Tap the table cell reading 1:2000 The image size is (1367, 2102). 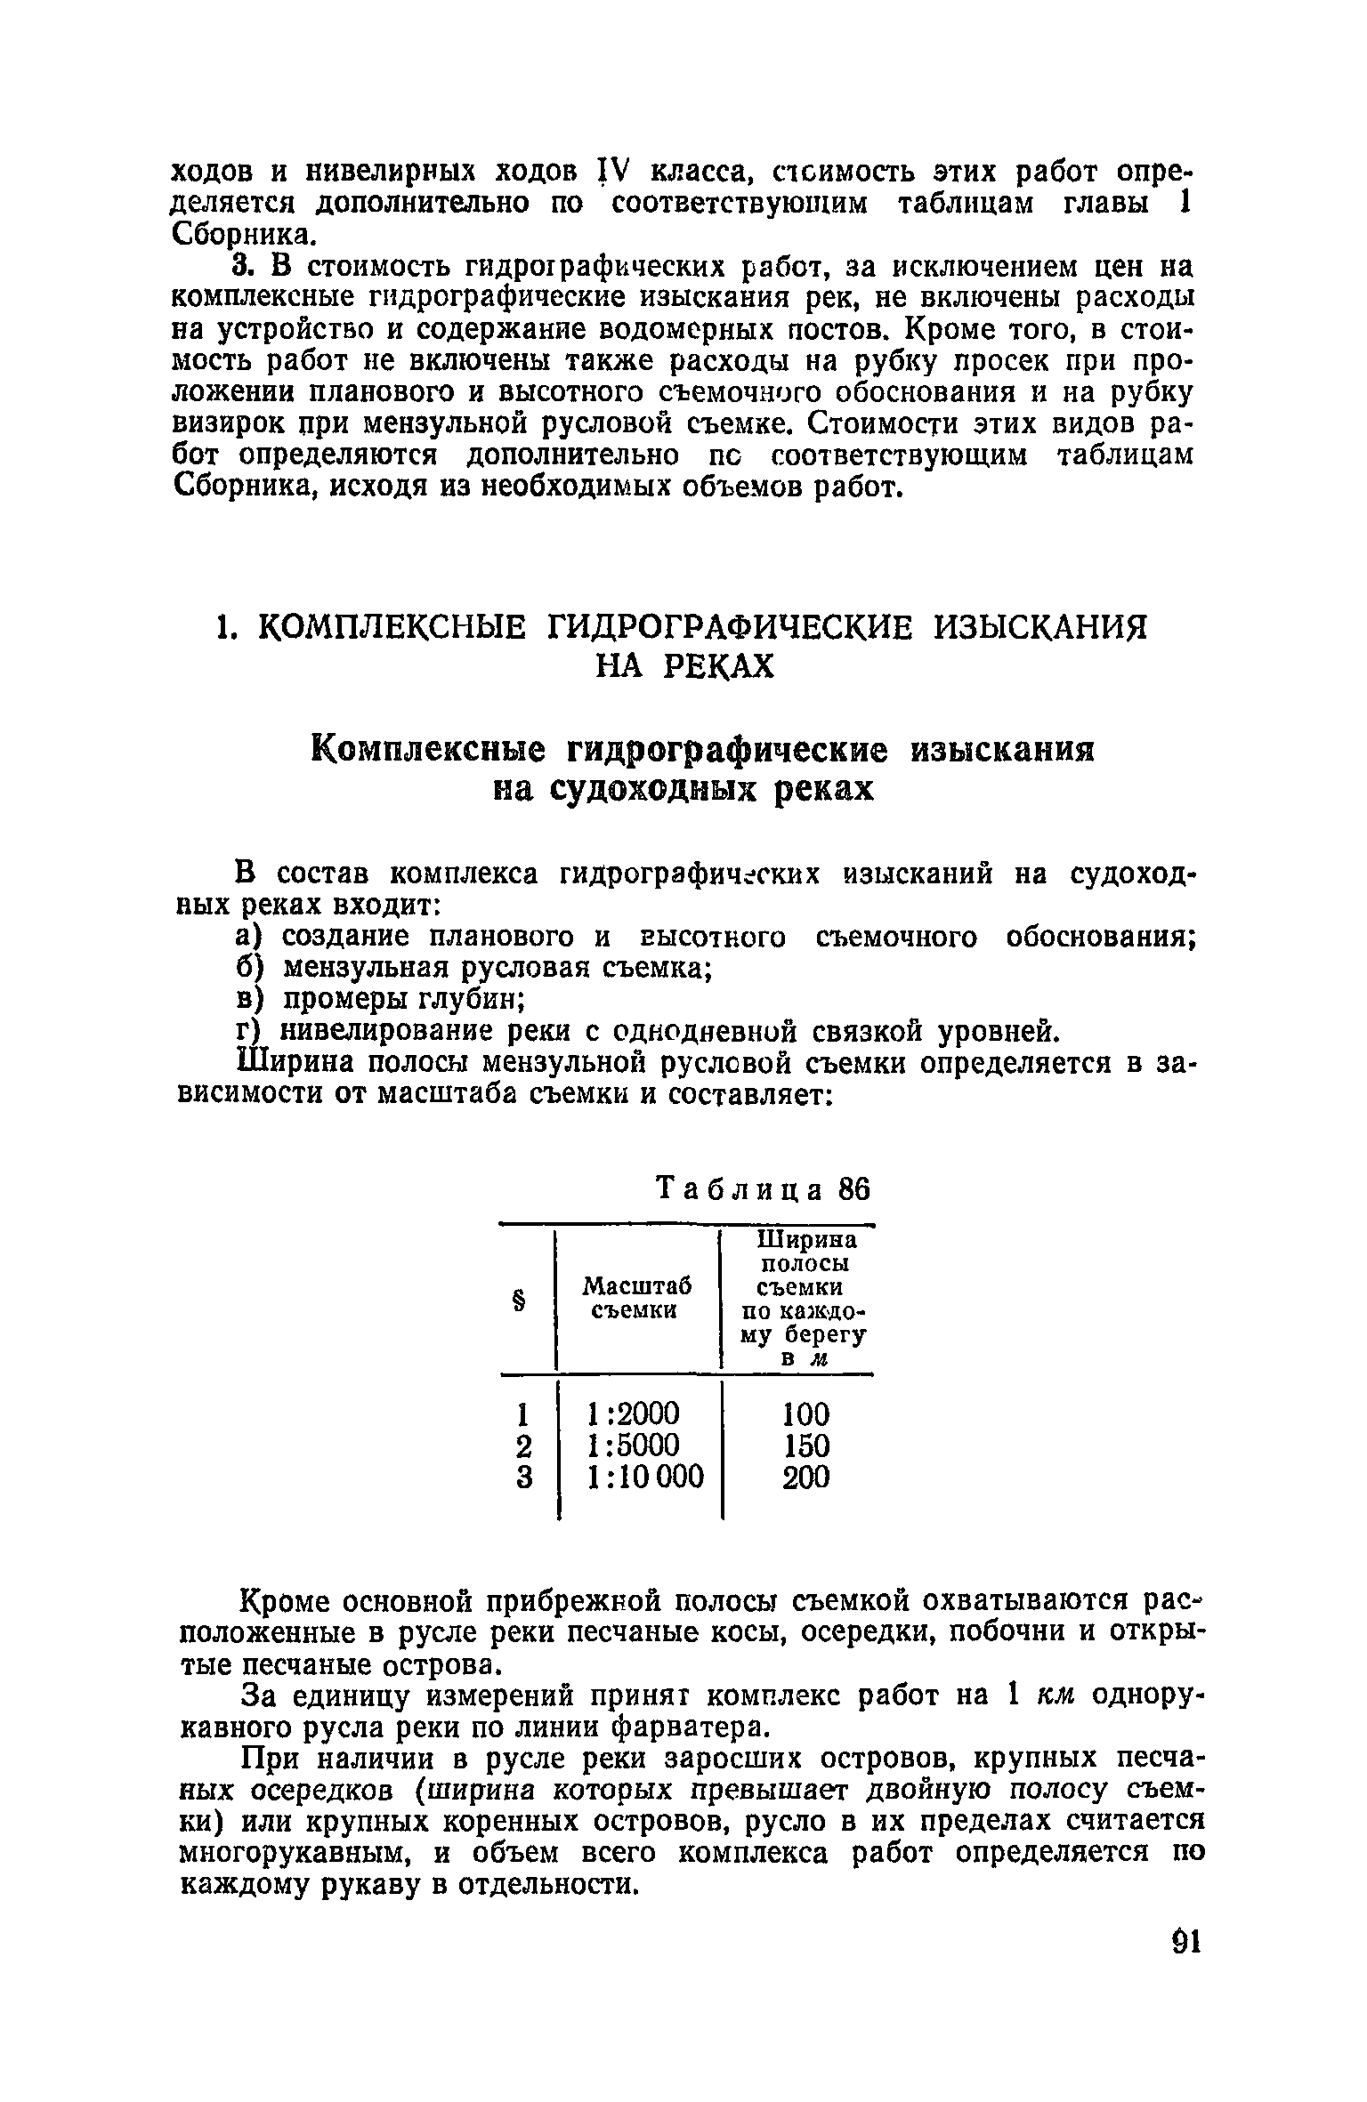coord(633,1413)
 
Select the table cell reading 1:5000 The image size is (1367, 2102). coord(633,1446)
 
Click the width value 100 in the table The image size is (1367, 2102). coord(805,1413)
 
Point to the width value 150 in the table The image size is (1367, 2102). coord(805,1446)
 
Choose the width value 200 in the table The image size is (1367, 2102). coord(805,1478)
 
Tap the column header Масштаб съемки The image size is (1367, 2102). coord(636,1298)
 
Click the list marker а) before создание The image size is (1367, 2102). coord(247,936)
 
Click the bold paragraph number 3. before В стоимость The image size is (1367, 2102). coord(242,267)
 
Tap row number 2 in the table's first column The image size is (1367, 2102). coord(523,1446)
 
